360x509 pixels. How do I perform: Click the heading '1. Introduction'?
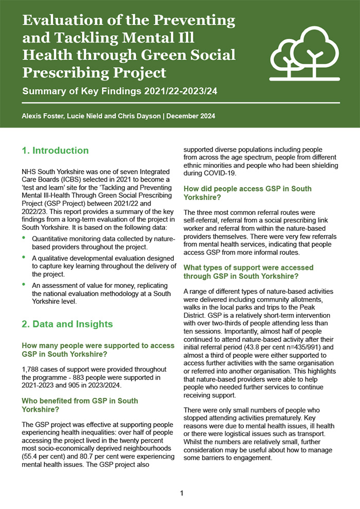[55, 151]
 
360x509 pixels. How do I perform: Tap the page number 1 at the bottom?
[182, 494]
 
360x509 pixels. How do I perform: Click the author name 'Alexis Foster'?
[42, 116]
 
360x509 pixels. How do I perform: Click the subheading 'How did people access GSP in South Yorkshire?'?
[247, 193]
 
